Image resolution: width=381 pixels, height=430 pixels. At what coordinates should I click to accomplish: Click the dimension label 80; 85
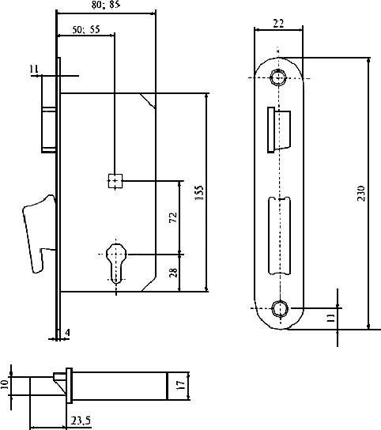coord(106,5)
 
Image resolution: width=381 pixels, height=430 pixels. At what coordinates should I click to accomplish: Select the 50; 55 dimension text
coord(86,29)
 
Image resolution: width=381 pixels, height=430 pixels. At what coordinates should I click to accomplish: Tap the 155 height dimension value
coord(199,193)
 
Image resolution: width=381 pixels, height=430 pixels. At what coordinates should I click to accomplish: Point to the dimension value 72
coord(173,217)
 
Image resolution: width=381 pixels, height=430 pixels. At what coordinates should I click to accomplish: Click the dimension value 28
coord(173,273)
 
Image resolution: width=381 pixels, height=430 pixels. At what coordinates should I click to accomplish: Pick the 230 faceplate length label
coord(361,194)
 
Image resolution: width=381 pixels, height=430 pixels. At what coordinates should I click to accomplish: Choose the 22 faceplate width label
coord(278,23)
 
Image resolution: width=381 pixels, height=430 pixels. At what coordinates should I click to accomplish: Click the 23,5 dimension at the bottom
coord(81,421)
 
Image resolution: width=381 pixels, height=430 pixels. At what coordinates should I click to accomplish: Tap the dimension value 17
coord(182,385)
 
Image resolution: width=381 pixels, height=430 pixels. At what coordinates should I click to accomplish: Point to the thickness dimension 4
coord(67,332)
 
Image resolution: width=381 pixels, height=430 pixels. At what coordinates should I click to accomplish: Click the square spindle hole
coord(115,181)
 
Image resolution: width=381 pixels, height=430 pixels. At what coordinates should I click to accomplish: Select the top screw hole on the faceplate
coord(278,77)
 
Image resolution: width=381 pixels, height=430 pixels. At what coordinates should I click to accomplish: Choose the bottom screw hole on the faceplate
coord(280,308)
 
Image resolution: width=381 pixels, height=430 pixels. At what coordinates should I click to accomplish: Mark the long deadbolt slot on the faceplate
coord(279,236)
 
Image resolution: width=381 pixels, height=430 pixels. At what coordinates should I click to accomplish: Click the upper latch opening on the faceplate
coord(279,130)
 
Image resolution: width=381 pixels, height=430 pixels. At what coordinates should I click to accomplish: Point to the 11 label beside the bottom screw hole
coord(330,318)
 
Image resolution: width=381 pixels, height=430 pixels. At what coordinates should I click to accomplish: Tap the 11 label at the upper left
coord(34,69)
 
